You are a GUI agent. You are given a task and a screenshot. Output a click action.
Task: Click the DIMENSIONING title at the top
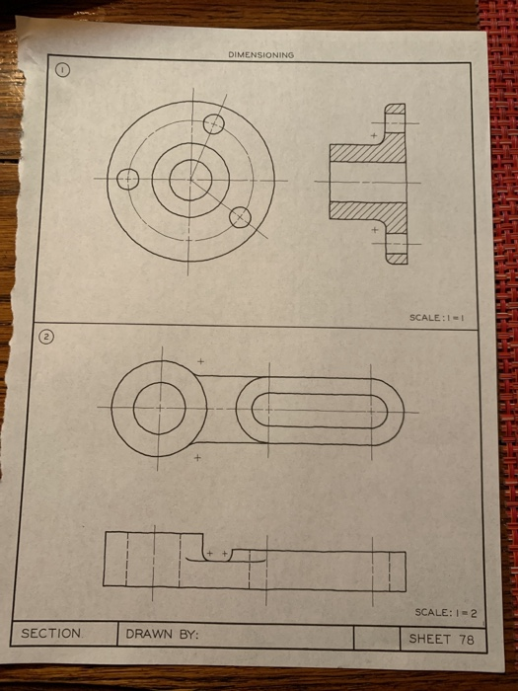260,55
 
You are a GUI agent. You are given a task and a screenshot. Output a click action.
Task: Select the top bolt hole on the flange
213,123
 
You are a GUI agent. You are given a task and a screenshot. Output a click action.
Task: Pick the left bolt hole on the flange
127,179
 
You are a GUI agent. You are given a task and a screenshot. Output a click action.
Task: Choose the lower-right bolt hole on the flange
240,217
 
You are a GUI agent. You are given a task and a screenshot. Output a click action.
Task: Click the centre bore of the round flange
185,179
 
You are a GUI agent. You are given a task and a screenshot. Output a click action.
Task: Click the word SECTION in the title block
51,633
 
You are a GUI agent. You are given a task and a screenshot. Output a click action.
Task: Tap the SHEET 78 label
442,639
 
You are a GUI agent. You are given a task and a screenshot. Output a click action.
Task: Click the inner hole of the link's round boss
159,409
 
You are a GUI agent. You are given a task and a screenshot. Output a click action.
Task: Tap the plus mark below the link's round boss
197,458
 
